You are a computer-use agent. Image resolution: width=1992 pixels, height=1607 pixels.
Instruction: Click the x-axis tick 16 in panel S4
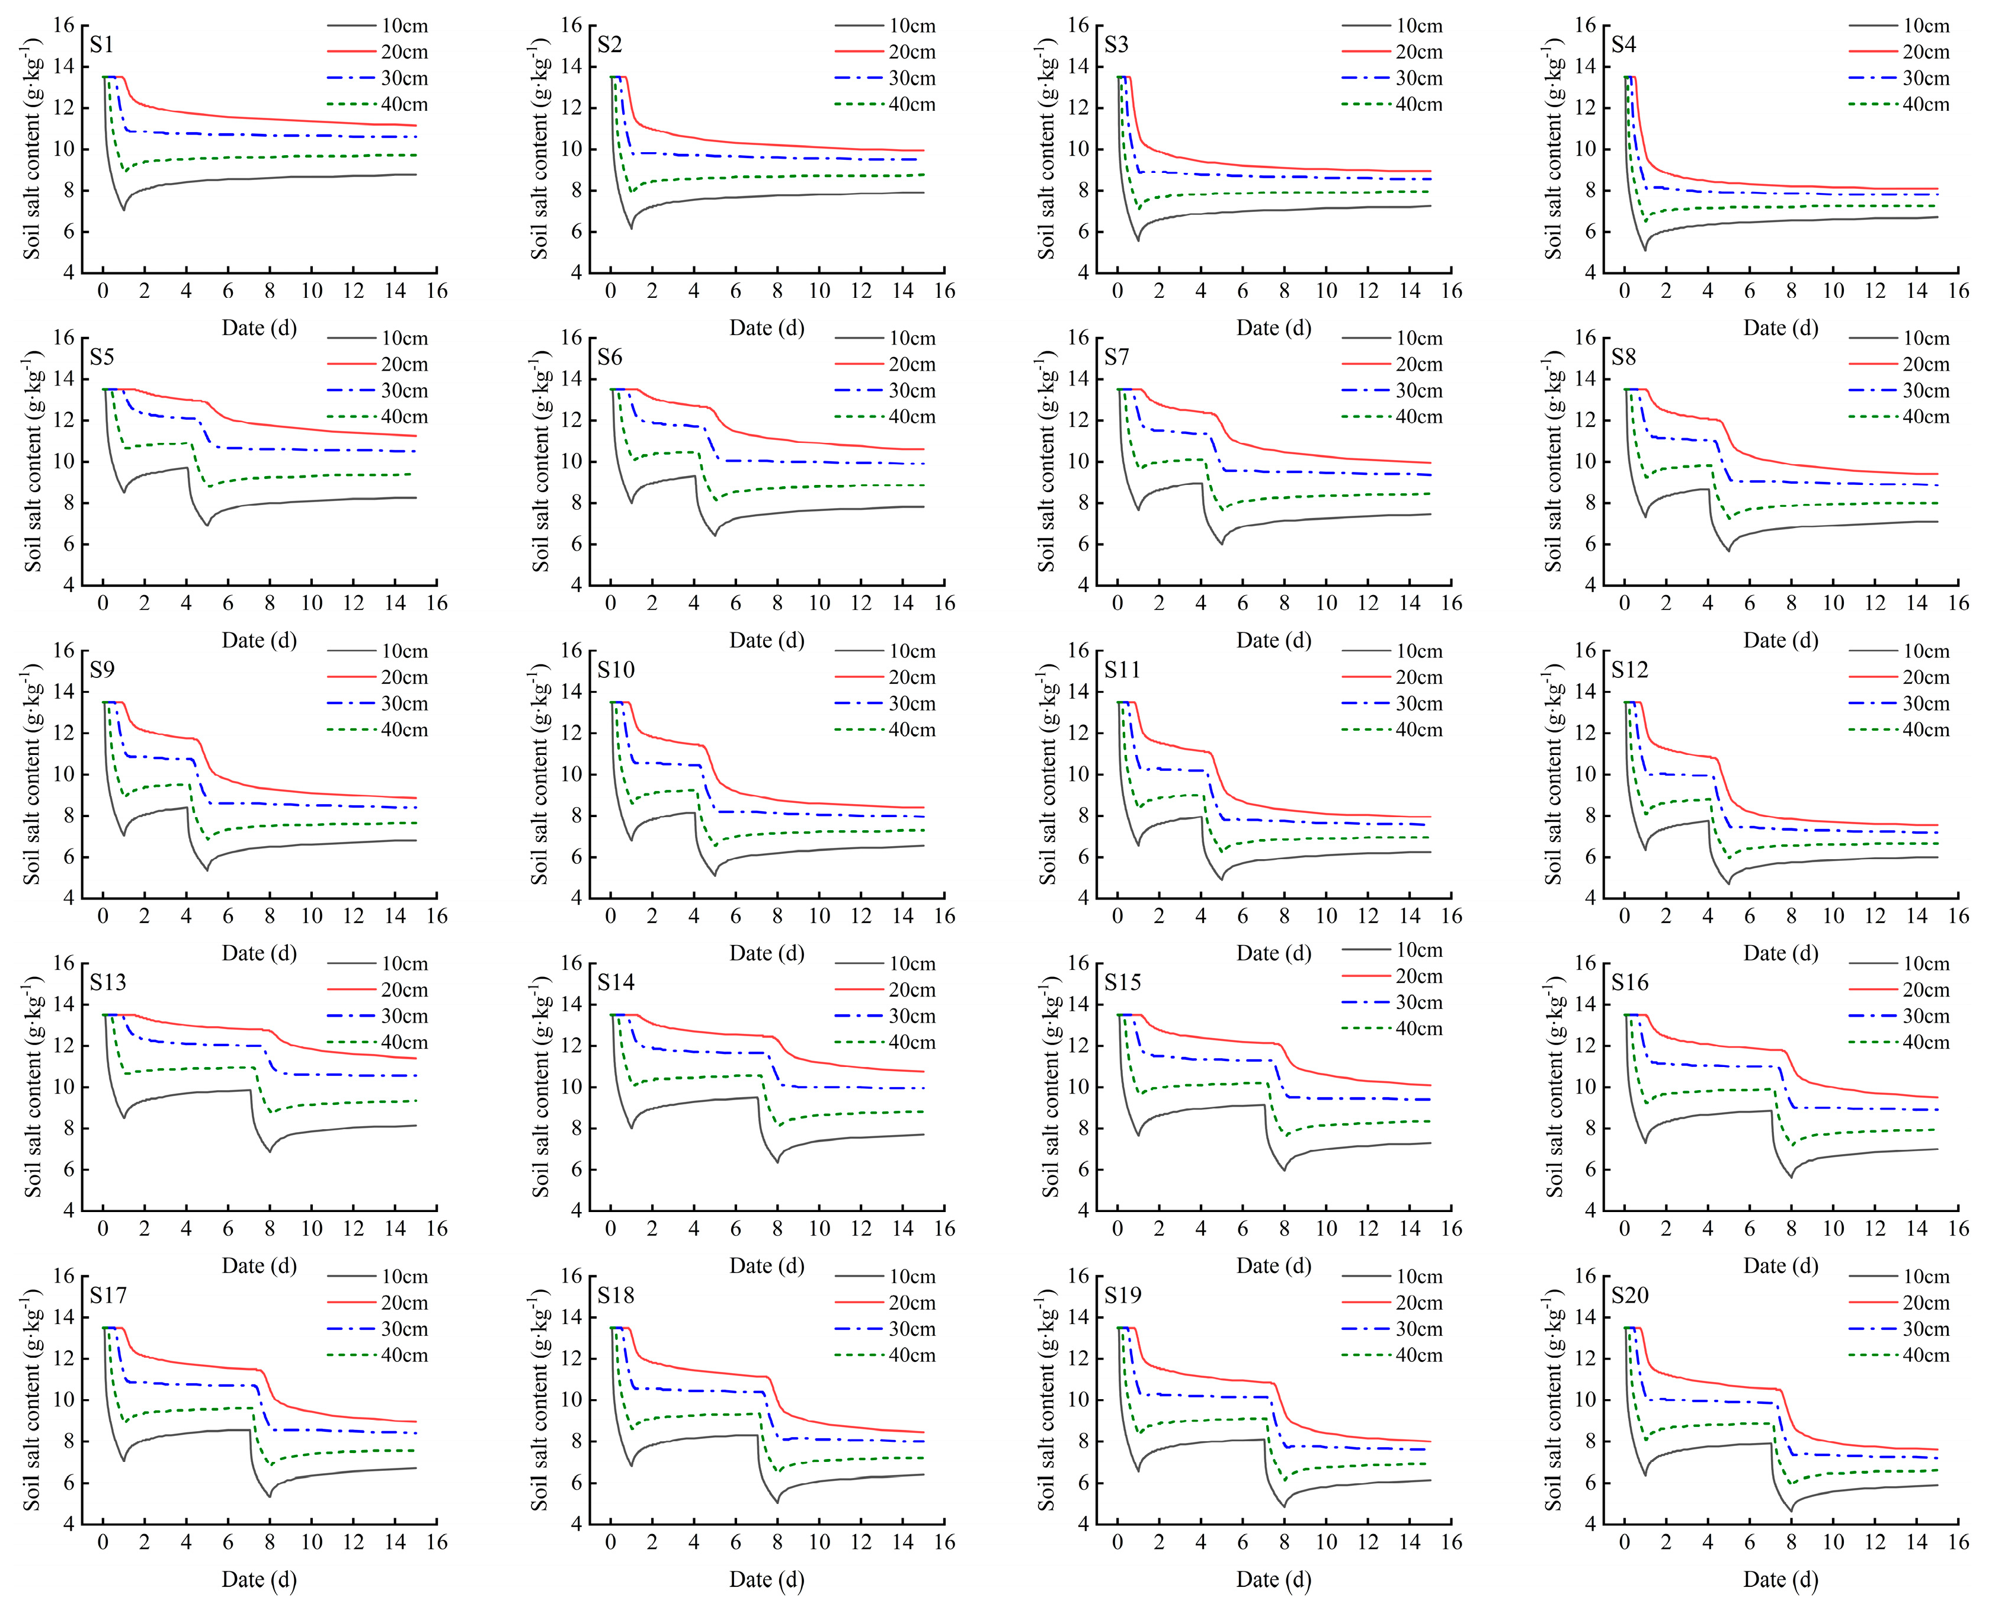pos(1958,291)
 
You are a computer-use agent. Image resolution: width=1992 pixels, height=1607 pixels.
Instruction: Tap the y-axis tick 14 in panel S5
pos(63,378)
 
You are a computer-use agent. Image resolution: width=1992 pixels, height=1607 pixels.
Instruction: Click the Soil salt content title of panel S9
pos(33,774)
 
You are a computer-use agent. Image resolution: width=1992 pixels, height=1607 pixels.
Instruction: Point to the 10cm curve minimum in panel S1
pos(123,210)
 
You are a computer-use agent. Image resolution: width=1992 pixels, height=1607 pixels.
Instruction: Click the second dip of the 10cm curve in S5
pos(207,526)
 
